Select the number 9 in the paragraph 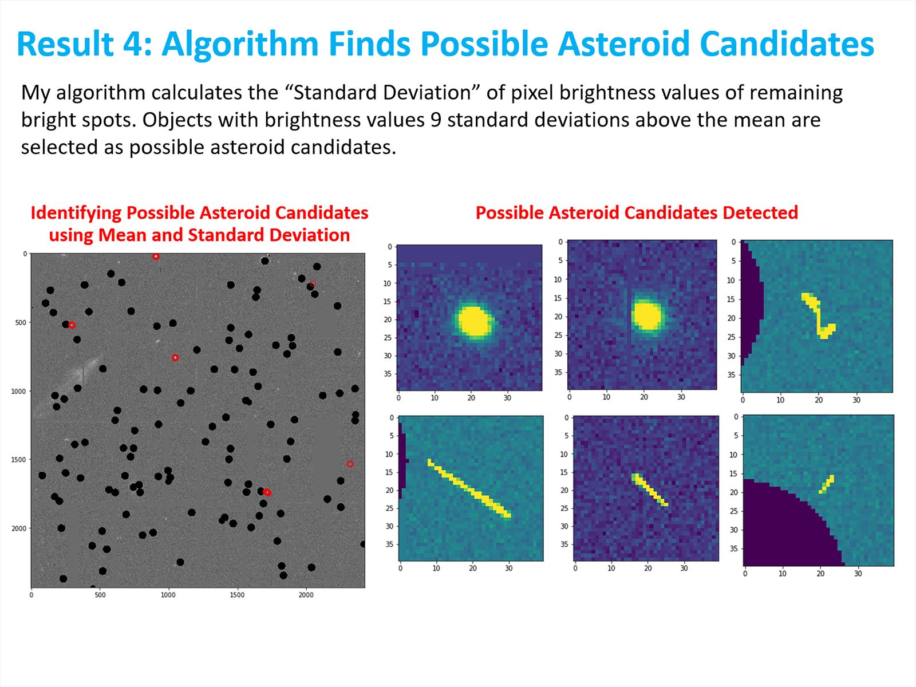coord(436,120)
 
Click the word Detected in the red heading coord(760,213)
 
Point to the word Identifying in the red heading coord(76,214)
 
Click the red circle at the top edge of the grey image coord(156,256)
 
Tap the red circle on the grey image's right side coord(350,464)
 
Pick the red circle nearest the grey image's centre coord(175,357)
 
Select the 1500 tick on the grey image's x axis coord(237,595)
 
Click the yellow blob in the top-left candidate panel coord(473,321)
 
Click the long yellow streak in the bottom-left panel coord(469,488)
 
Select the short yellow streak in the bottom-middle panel coord(650,489)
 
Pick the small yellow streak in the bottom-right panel coord(827,484)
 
